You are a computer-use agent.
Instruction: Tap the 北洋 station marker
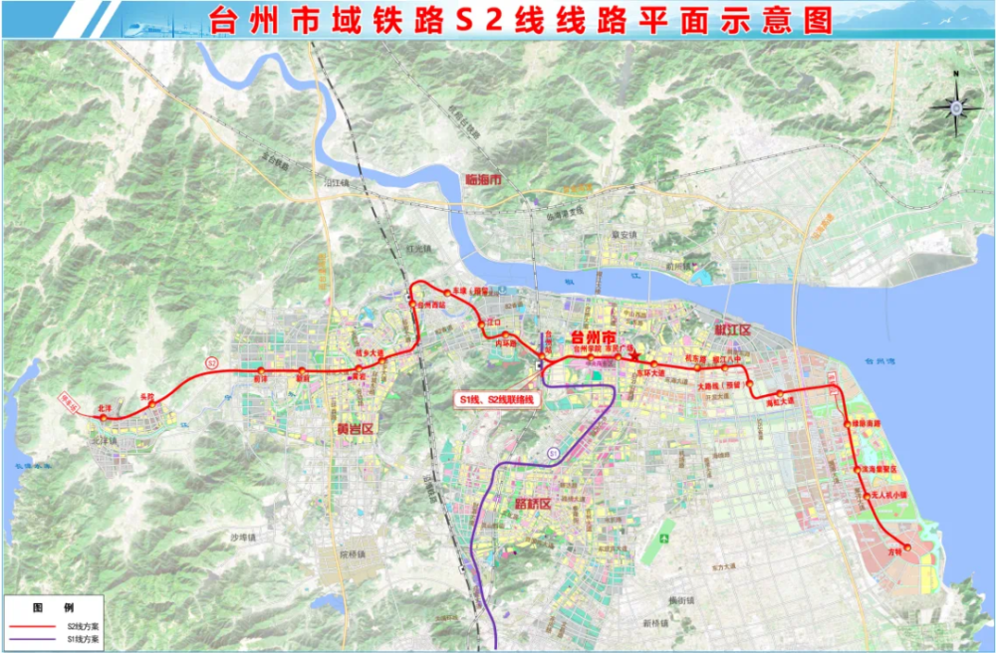point(103,416)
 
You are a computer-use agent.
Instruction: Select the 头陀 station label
point(149,396)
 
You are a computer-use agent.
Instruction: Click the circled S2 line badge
point(211,362)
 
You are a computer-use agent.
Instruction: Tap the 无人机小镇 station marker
point(866,495)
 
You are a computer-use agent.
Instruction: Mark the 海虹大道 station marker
point(781,393)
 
